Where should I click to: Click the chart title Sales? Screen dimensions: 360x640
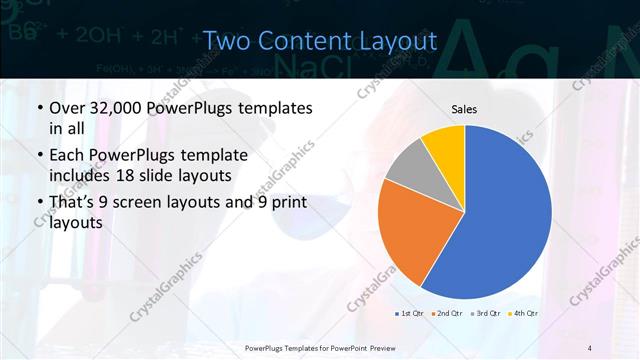pyautogui.click(x=464, y=108)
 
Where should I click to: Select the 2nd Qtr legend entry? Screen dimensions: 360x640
pyautogui.click(x=448, y=313)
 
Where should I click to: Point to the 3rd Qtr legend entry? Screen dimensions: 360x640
pyautogui.click(x=486, y=313)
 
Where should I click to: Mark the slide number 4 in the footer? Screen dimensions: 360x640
pyautogui.click(x=590, y=347)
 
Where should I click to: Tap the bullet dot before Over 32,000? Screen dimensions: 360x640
pyautogui.click(x=39, y=107)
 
